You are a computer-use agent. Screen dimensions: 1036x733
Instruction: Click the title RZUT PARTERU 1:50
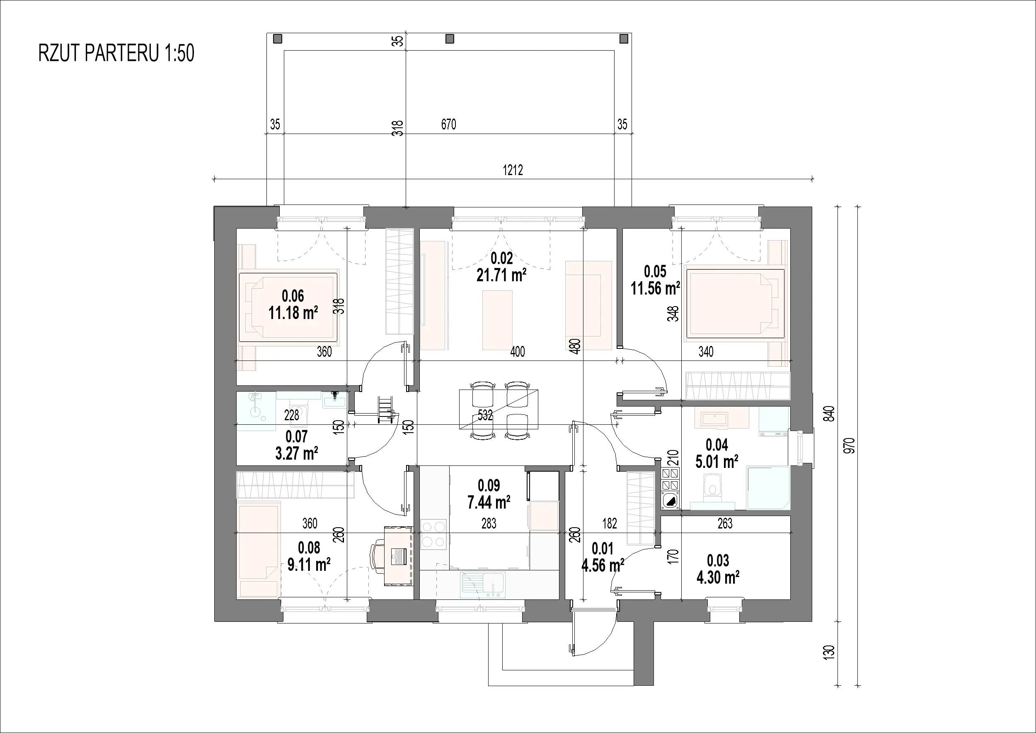tap(116, 53)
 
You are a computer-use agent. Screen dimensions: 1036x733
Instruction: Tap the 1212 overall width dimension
tap(513, 170)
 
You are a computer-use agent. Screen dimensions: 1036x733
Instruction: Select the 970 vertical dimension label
tap(850, 445)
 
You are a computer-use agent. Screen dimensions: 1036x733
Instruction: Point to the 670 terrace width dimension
tap(448, 124)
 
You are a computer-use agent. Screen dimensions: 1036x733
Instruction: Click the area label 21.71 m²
tap(501, 275)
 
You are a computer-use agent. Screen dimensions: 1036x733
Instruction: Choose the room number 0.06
tap(293, 296)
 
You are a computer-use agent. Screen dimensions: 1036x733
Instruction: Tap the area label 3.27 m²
tap(296, 453)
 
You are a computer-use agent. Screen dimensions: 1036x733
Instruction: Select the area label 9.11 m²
tap(309, 564)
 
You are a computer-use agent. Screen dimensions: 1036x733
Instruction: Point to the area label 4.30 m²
tap(718, 577)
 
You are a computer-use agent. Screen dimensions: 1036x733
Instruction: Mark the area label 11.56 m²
tap(655, 288)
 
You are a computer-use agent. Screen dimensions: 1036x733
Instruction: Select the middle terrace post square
tap(449, 39)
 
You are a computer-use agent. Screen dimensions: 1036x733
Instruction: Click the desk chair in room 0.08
tap(377, 557)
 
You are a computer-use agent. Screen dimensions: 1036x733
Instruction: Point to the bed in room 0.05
tap(735, 303)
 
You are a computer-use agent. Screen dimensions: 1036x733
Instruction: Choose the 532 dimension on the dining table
tap(485, 415)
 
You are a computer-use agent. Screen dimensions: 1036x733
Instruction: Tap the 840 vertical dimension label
tap(829, 414)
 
